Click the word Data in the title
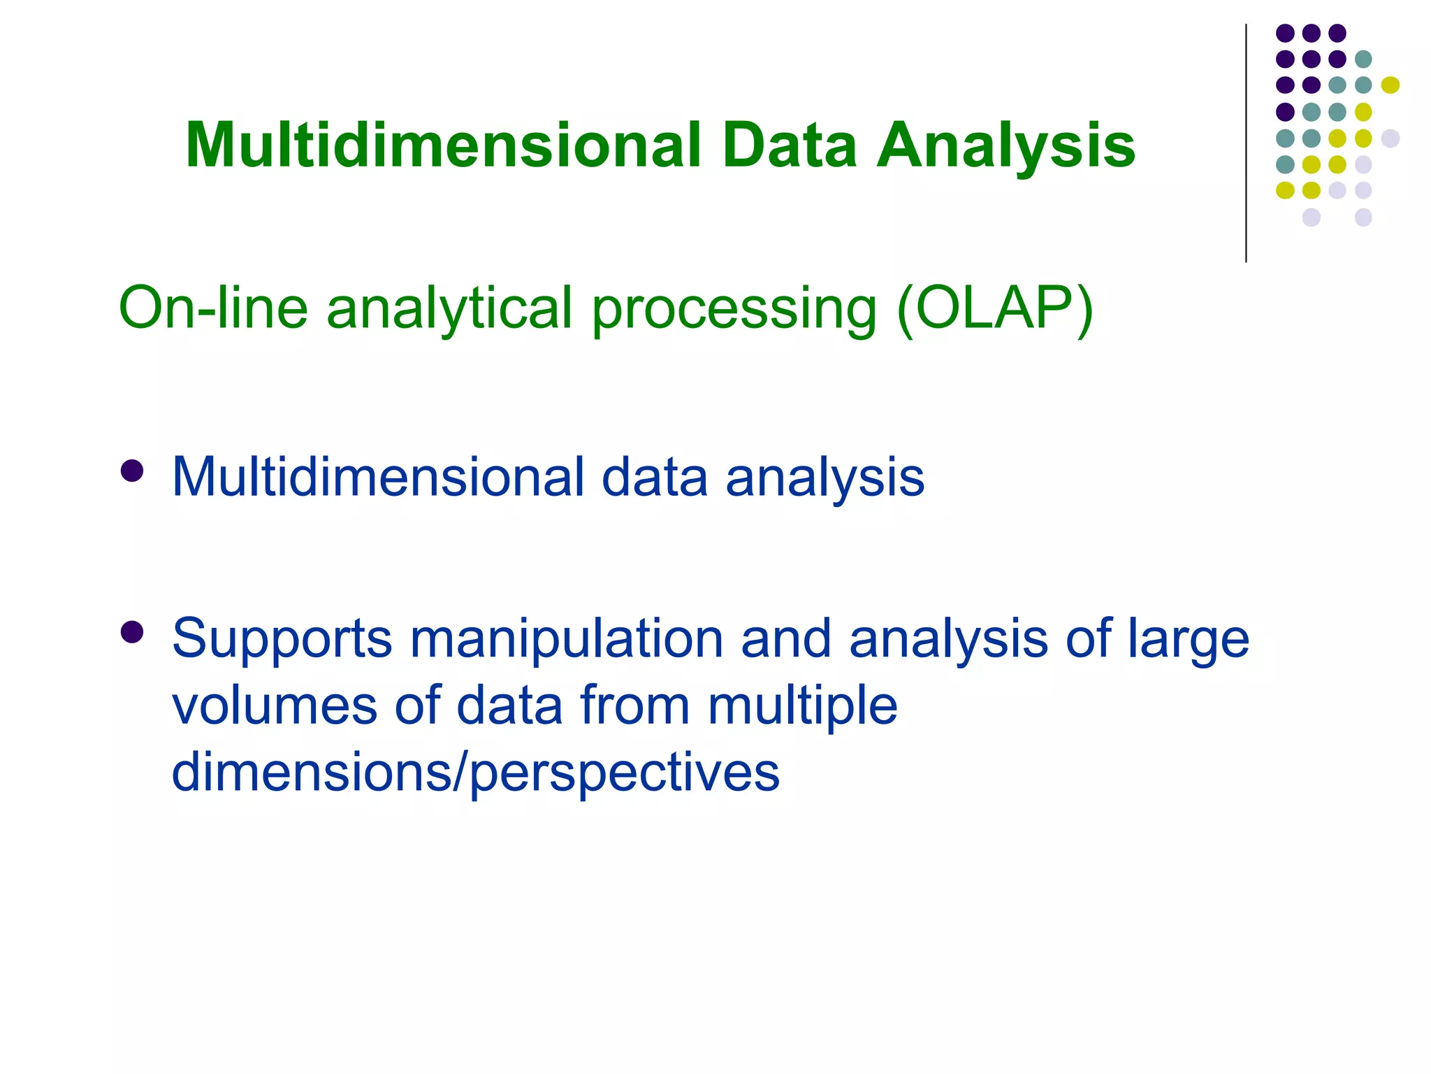[x=790, y=145]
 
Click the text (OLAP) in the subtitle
[x=995, y=309]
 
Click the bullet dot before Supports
[x=131, y=632]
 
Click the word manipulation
[x=567, y=639]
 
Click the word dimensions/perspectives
[x=475, y=773]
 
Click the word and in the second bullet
[x=786, y=639]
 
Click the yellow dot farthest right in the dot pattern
[x=1390, y=85]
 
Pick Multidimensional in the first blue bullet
[x=378, y=478]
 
